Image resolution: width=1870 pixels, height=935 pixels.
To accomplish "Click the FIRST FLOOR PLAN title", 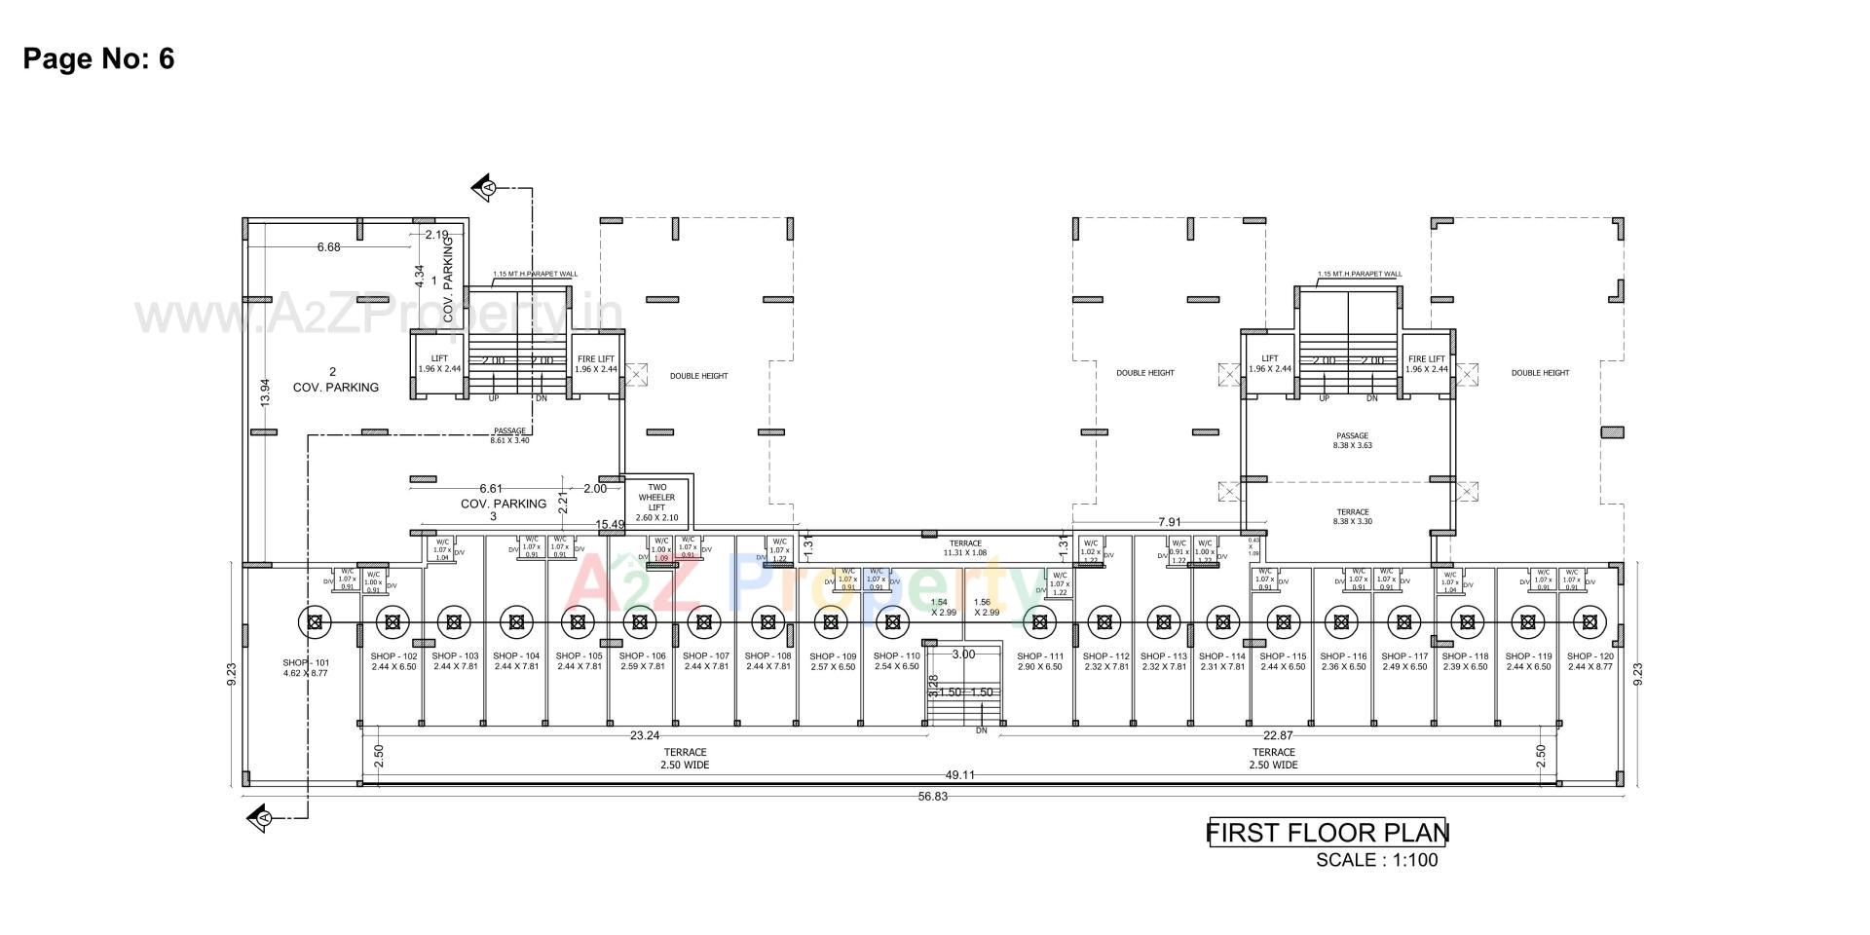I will click(1328, 833).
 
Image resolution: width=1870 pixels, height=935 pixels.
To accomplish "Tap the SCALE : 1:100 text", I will click(1376, 860).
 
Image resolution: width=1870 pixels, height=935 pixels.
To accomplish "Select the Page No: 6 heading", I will click(98, 58).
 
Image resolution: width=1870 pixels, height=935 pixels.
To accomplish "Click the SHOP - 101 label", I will click(306, 667).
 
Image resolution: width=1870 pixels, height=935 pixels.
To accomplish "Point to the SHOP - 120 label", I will click(1589, 661).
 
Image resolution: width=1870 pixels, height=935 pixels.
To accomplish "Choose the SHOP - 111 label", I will click(1040, 661).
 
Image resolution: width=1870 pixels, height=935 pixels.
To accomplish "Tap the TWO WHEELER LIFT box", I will click(656, 502).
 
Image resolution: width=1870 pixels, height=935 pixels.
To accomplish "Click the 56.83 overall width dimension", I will click(932, 797).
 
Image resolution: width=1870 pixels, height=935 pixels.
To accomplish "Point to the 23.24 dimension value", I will click(645, 735).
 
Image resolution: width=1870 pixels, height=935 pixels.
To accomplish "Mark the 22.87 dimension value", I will click(1278, 735).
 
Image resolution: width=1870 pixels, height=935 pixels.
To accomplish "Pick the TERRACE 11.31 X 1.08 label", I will click(965, 548).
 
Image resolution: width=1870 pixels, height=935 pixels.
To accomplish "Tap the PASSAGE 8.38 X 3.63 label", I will click(1352, 440).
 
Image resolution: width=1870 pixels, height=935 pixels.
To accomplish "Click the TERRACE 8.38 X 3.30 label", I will click(1352, 516).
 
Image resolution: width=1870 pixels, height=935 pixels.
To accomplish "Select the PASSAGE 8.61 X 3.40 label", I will click(509, 435).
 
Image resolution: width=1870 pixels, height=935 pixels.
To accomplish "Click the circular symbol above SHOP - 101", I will click(314, 620).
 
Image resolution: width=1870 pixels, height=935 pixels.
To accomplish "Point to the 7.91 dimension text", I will click(1170, 523).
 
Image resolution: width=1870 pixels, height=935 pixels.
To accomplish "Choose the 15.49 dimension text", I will click(610, 525).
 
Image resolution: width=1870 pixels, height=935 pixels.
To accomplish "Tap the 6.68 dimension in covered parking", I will click(328, 247).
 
